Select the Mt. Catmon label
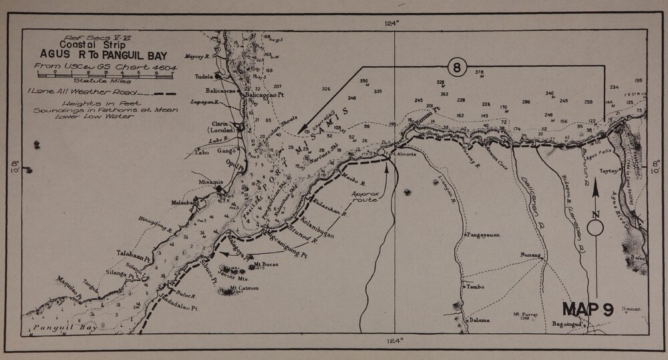(244, 289)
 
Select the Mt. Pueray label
(526, 313)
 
